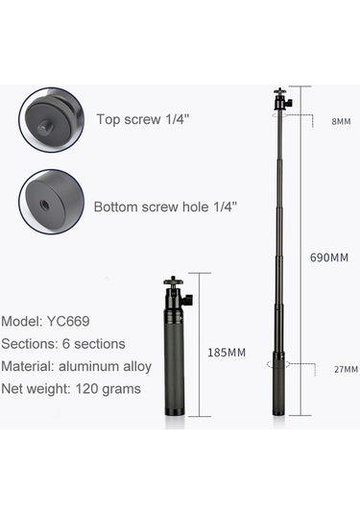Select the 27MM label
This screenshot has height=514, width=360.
345,370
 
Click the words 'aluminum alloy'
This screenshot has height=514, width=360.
118,366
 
